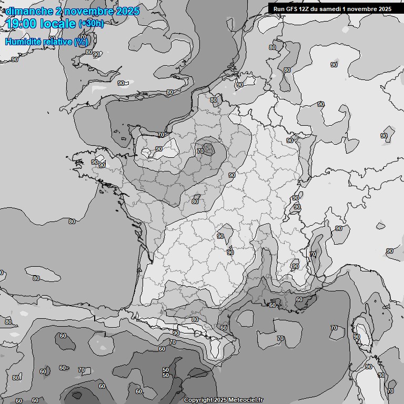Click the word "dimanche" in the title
(29, 11)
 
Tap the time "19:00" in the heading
(21, 24)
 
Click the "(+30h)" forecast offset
(91, 24)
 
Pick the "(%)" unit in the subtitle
(80, 42)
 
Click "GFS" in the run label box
(294, 8)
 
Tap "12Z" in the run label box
(307, 8)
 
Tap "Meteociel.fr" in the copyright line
(246, 400)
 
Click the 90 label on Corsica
(357, 337)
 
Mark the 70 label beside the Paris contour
(200, 151)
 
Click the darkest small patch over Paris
(209, 149)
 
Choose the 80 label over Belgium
(214, 100)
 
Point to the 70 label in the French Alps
(313, 254)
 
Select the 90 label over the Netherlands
(240, 84)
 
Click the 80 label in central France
(195, 201)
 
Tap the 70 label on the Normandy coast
(161, 135)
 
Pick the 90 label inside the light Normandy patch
(159, 149)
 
